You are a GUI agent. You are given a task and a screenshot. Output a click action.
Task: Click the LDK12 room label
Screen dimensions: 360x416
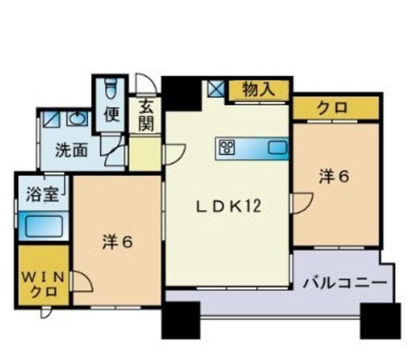[228, 207]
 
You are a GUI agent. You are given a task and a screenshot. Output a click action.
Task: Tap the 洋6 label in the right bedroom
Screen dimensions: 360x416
[333, 177]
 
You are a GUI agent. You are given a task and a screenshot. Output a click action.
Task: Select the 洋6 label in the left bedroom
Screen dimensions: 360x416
[117, 242]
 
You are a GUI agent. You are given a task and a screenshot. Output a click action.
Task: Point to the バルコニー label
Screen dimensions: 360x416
[345, 283]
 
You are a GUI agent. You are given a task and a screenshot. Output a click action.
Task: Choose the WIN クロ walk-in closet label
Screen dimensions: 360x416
[41, 284]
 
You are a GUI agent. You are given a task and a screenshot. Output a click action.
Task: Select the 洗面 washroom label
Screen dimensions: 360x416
[71, 149]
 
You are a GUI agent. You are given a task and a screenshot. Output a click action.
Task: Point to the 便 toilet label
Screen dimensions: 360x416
[111, 115]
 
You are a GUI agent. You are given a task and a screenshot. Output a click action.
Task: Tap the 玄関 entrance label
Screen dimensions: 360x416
[146, 115]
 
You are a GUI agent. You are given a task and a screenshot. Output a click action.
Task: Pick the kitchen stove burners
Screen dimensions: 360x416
[228, 147]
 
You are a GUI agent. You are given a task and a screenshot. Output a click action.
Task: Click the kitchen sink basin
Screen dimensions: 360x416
[277, 148]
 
